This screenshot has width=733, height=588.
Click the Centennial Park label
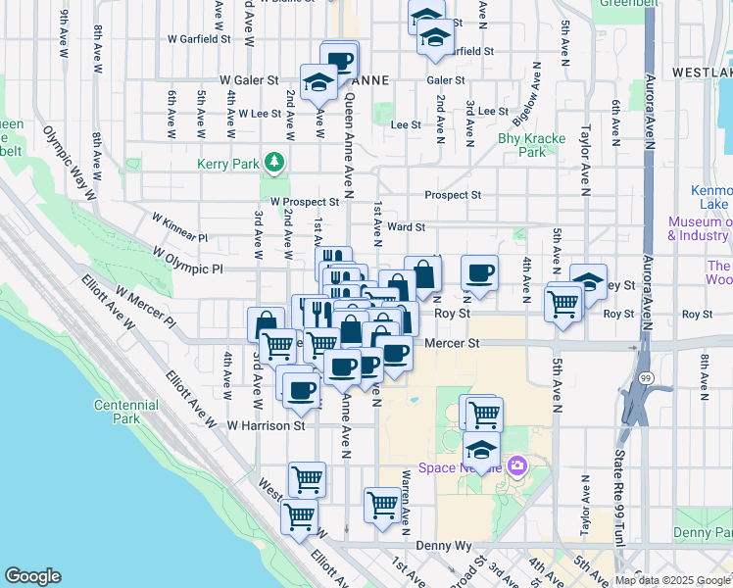[126, 412]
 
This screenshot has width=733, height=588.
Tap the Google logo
[32, 576]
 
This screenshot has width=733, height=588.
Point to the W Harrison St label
[267, 425]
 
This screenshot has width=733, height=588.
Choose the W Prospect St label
[304, 202]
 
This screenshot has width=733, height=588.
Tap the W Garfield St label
[199, 40]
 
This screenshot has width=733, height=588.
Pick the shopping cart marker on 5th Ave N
[562, 304]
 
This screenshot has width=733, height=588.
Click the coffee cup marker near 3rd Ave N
[479, 272]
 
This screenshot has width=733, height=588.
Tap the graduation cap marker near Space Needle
[481, 450]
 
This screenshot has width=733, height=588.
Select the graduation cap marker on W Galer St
[319, 82]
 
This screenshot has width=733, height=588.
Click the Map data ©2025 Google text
[672, 580]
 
